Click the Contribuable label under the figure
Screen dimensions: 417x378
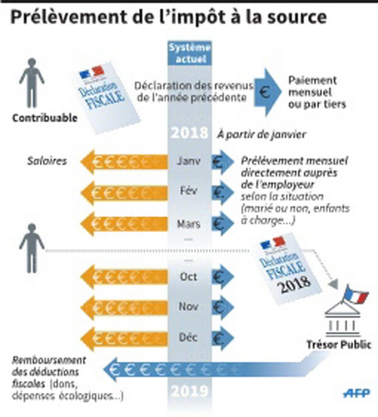(x=45, y=118)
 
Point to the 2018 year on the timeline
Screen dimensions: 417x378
(x=190, y=133)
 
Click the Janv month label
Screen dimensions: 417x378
(x=188, y=161)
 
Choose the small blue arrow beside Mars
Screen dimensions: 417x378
(x=222, y=223)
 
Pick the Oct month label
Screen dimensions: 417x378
(x=188, y=277)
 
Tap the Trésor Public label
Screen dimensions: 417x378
(x=339, y=344)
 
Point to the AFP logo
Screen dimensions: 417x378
(x=357, y=393)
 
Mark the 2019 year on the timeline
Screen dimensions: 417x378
(x=190, y=391)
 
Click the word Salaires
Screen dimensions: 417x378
(x=47, y=161)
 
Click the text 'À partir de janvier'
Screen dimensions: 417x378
(x=261, y=135)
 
